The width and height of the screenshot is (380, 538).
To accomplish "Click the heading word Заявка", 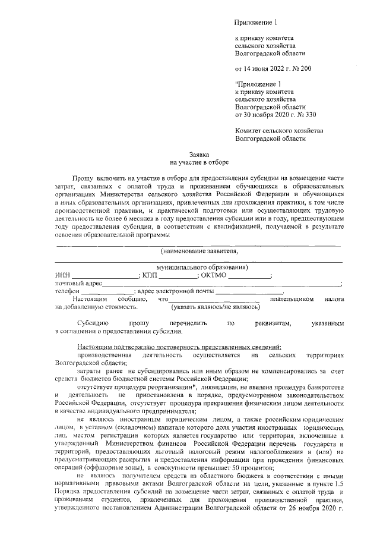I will [x=199, y=153].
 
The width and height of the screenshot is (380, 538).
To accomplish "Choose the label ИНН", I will [x=62, y=275].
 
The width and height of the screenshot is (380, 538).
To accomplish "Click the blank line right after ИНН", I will [x=104, y=276].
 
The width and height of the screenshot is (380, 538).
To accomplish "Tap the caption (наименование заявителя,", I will [x=198, y=251].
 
